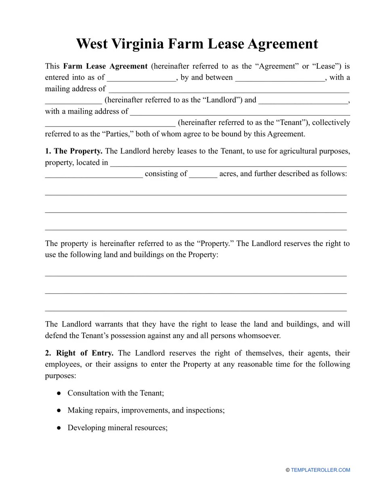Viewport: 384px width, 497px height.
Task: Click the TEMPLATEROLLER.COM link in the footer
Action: coord(320,470)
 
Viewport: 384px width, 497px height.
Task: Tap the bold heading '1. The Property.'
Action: coord(74,151)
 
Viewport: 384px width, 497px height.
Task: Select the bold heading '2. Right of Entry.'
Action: coord(79,353)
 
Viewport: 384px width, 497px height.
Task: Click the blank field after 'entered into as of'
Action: coord(141,78)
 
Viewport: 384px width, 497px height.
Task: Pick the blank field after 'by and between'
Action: coord(280,78)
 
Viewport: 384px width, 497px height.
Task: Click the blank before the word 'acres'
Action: coord(203,174)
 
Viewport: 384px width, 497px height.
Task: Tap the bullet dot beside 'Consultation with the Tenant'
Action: coord(59,393)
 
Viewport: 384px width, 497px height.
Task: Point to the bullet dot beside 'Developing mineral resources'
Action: coord(59,428)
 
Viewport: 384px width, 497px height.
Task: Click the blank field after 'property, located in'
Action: coord(228,163)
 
